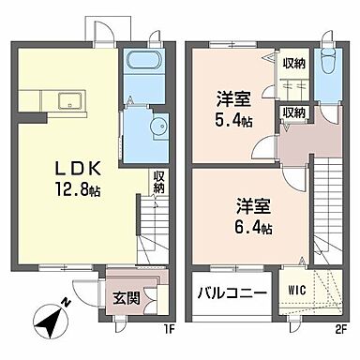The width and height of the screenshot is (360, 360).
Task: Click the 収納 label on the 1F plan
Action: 160,182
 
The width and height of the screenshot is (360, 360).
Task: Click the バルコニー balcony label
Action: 232,293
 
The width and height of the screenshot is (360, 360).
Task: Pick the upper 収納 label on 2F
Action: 293,63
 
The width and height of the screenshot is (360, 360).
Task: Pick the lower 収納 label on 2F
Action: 293,112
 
